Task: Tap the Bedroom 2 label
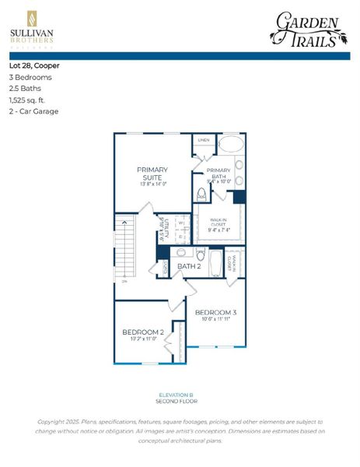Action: (142, 332)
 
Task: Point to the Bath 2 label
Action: (189, 267)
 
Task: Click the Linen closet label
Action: (203, 140)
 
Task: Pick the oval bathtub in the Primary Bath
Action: (230, 145)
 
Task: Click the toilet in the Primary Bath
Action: (201, 194)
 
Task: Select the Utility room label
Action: (165, 232)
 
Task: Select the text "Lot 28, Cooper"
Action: (34, 65)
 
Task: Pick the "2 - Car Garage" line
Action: (33, 111)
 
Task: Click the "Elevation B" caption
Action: (180, 395)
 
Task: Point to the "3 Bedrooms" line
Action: (30, 77)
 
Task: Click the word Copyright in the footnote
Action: (55, 421)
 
